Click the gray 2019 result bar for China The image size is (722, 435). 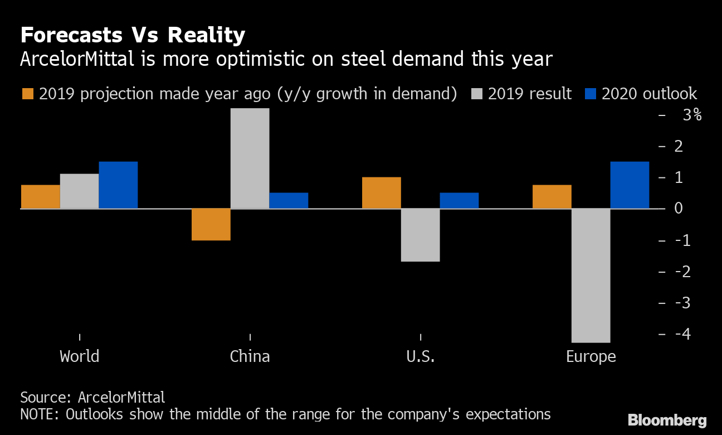(250, 158)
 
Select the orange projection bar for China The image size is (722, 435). (211, 224)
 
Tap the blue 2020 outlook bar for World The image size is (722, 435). (118, 185)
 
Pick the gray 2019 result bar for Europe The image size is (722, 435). (591, 275)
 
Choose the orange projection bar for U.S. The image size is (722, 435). (381, 193)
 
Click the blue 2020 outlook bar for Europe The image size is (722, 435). (630, 185)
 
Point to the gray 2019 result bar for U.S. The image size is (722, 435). (420, 235)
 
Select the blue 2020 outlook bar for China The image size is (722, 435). (289, 201)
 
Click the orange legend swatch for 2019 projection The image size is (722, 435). (27, 94)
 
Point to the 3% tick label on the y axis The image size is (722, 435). (691, 115)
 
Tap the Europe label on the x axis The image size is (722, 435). (591, 356)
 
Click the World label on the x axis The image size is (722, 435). (79, 356)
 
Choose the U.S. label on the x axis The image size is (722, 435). (420, 356)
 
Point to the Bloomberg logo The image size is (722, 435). (667, 420)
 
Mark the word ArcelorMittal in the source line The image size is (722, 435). (121, 398)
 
